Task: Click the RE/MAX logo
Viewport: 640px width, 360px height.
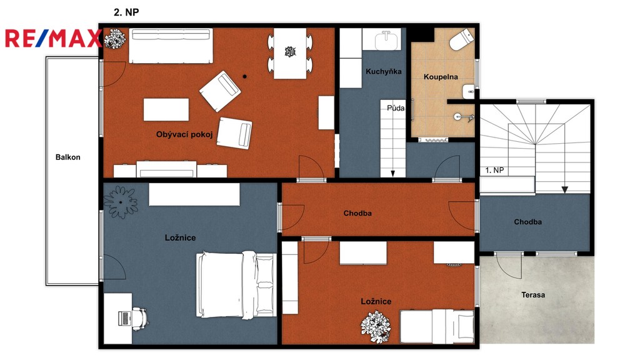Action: click(53, 39)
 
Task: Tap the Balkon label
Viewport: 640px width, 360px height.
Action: click(67, 157)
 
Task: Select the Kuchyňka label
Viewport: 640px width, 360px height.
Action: click(384, 71)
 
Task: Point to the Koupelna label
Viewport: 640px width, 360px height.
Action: click(441, 77)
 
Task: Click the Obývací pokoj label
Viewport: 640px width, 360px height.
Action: click(184, 134)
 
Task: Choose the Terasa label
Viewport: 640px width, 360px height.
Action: click(533, 295)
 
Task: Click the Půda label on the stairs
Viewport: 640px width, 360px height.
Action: click(396, 108)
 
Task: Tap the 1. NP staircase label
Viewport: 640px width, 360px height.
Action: click(495, 170)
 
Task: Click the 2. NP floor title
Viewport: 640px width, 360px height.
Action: click(126, 12)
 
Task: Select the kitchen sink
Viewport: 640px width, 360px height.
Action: click(386, 41)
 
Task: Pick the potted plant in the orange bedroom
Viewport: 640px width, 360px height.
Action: click(376, 326)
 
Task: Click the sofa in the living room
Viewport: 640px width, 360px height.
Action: click(171, 46)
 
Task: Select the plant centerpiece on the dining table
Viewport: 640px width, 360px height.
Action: click(290, 51)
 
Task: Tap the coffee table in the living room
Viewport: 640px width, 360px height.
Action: click(166, 109)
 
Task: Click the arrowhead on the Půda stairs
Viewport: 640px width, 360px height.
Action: click(393, 174)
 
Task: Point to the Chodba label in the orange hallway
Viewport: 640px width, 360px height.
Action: click(357, 213)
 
